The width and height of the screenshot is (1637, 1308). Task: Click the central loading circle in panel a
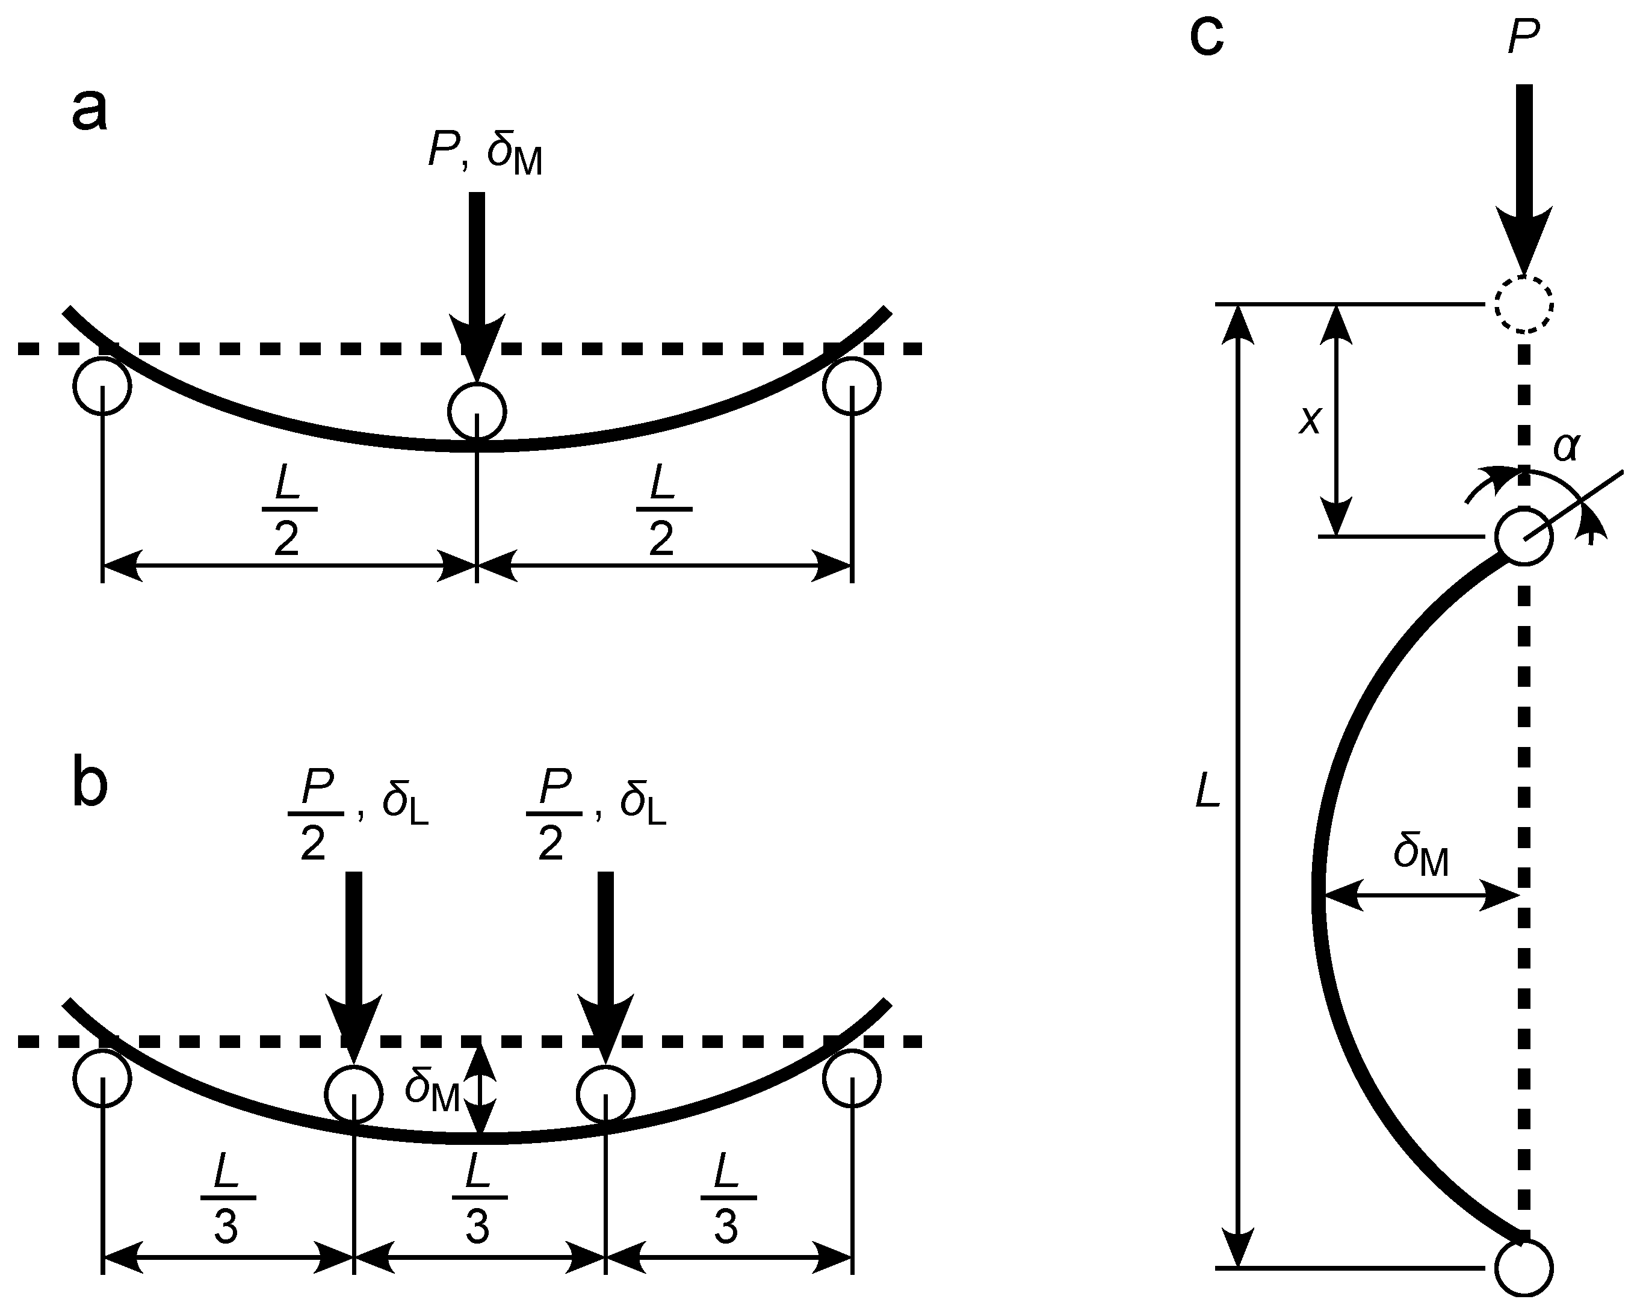click(x=477, y=411)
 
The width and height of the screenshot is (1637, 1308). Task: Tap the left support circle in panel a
click(x=102, y=386)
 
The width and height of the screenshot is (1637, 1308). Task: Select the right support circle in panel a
click(x=853, y=386)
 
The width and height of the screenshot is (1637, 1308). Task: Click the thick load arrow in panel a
click(x=477, y=281)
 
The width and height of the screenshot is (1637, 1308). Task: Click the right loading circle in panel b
click(x=605, y=1094)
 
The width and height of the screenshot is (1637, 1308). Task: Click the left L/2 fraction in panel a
click(x=287, y=510)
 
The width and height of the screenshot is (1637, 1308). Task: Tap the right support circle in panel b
click(x=853, y=1079)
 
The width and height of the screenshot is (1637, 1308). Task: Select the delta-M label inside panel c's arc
click(x=1420, y=857)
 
